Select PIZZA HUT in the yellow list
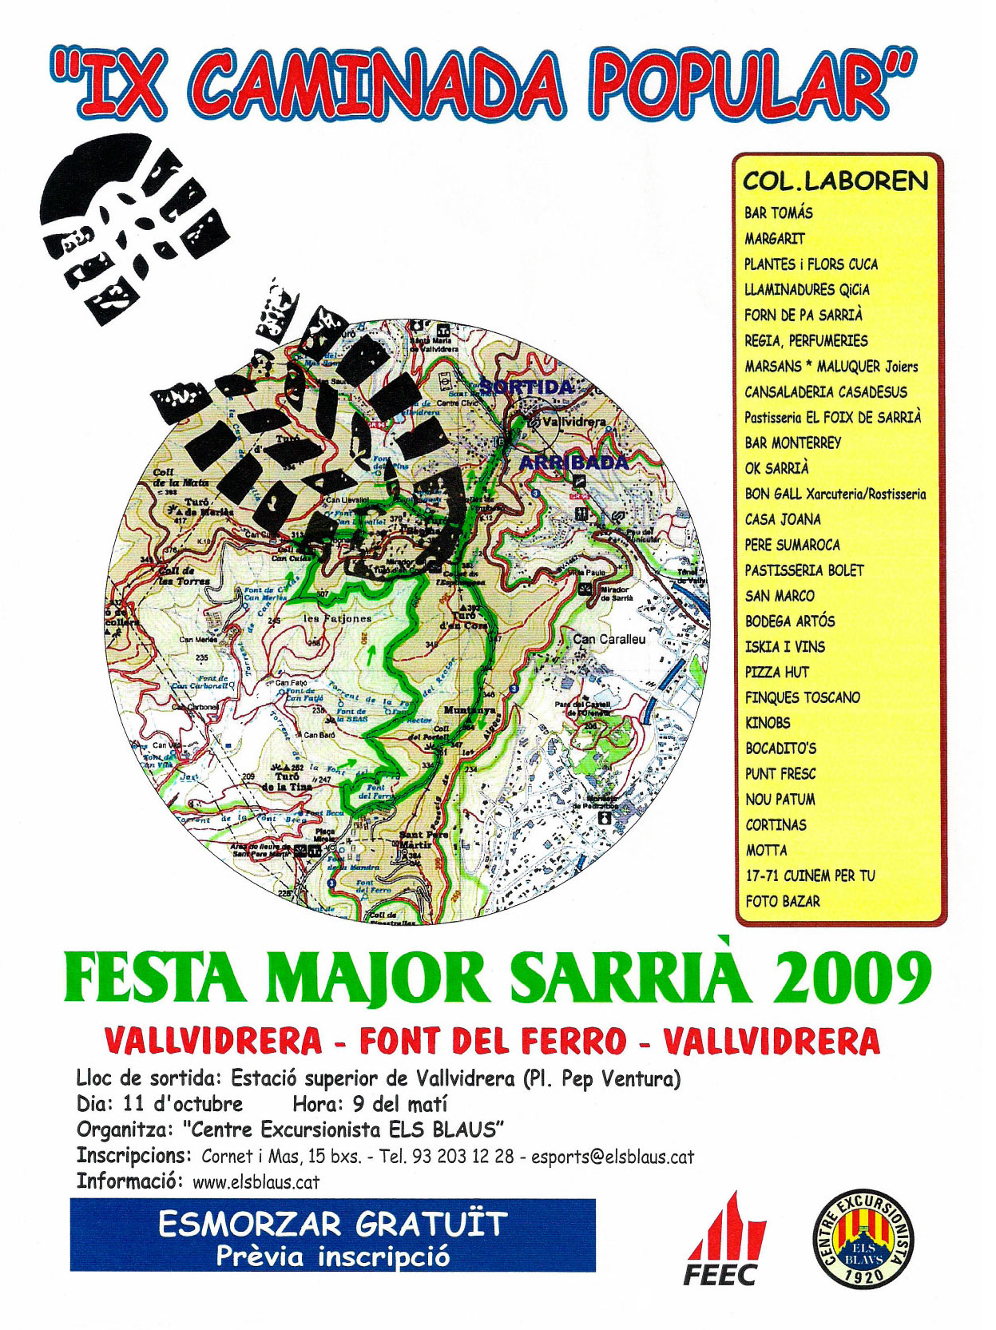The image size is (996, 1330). click(776, 672)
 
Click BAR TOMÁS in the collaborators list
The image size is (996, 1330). click(778, 212)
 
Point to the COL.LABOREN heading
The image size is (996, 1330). click(835, 181)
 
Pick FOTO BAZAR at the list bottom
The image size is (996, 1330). click(782, 901)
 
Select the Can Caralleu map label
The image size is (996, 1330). click(609, 639)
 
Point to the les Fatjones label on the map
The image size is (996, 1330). click(337, 618)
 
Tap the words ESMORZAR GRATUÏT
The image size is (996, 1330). click(332, 1224)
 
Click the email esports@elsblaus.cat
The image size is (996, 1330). click(612, 1156)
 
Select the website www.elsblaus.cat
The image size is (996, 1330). click(256, 1182)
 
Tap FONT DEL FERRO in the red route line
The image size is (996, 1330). click(493, 1041)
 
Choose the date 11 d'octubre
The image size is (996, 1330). click(182, 1104)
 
